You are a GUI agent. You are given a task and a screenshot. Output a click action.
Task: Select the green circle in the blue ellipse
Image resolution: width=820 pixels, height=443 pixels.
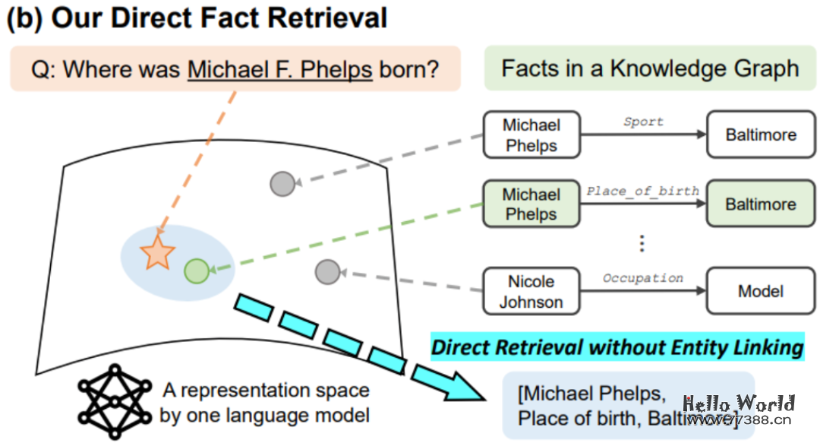pyautogui.click(x=196, y=270)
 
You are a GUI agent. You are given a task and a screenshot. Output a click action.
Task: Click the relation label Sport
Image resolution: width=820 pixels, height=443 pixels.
pyautogui.click(x=643, y=122)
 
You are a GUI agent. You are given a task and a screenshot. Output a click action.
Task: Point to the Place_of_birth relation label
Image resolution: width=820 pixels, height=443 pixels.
pyautogui.click(x=642, y=191)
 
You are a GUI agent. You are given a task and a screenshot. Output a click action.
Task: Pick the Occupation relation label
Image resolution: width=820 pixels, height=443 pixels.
pyautogui.click(x=642, y=278)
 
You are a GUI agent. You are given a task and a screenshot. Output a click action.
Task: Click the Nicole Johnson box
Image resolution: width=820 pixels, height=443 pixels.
pyautogui.click(x=531, y=292)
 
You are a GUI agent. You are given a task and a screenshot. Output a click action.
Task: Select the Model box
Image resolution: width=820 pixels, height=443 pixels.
pyautogui.click(x=760, y=292)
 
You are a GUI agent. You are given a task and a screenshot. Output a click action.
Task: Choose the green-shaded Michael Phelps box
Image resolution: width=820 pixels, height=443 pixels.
pyautogui.click(x=531, y=204)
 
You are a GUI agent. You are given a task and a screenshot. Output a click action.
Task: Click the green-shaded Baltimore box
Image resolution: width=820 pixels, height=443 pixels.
pyautogui.click(x=760, y=204)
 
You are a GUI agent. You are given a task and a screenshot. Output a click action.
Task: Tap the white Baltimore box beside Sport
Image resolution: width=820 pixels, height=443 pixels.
pyautogui.click(x=760, y=135)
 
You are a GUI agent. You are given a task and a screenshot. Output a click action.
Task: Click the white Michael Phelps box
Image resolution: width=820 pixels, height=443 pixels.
pyautogui.click(x=531, y=135)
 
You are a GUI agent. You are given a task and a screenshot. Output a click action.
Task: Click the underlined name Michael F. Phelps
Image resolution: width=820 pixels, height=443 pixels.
pyautogui.click(x=280, y=70)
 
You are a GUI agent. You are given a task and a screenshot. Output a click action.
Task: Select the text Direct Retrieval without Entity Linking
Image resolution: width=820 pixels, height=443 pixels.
pyautogui.click(x=617, y=348)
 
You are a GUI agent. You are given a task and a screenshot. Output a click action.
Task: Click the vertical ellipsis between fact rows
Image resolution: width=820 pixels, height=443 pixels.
pyautogui.click(x=642, y=243)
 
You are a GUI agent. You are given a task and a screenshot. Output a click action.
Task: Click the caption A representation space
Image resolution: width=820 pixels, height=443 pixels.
pyautogui.click(x=266, y=391)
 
